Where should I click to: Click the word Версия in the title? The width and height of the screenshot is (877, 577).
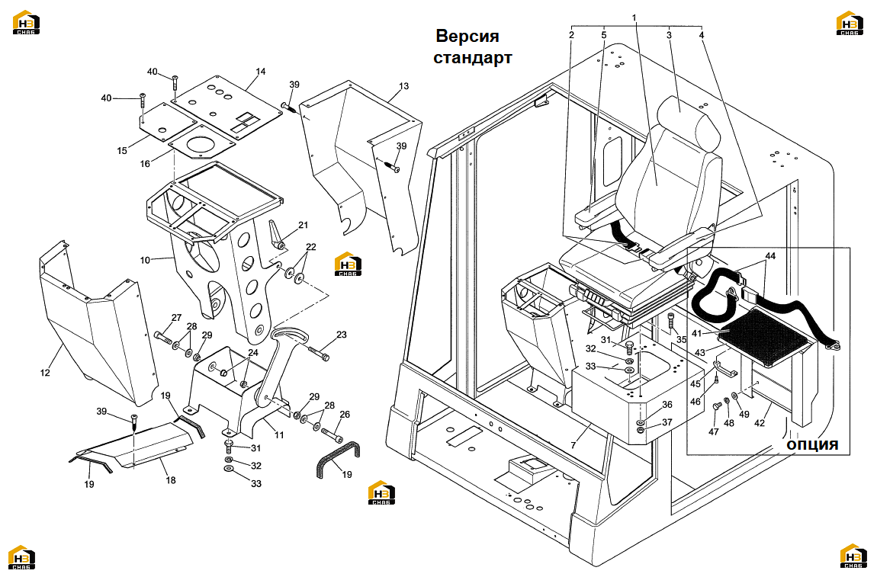(x=467, y=37)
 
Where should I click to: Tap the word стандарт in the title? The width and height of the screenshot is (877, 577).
(x=473, y=58)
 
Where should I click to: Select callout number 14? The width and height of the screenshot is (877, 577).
(x=261, y=72)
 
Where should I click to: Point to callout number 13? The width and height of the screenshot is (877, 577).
(x=404, y=86)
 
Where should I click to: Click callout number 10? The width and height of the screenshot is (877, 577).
(x=146, y=260)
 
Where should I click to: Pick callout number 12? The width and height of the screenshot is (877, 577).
(x=45, y=373)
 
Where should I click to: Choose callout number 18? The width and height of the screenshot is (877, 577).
(x=171, y=479)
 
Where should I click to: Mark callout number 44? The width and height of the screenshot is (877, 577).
(x=770, y=256)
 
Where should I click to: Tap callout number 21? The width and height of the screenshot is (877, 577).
(x=303, y=226)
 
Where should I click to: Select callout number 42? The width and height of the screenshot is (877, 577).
(x=759, y=423)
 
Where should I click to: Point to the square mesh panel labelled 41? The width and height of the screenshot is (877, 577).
(x=764, y=337)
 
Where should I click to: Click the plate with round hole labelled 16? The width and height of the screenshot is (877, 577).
(x=201, y=144)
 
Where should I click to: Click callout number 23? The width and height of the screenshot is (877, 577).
(x=341, y=335)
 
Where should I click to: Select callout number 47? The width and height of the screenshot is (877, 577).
(x=714, y=431)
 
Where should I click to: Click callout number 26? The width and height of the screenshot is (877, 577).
(x=345, y=415)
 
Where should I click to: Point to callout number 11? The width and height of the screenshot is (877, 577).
(x=278, y=435)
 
